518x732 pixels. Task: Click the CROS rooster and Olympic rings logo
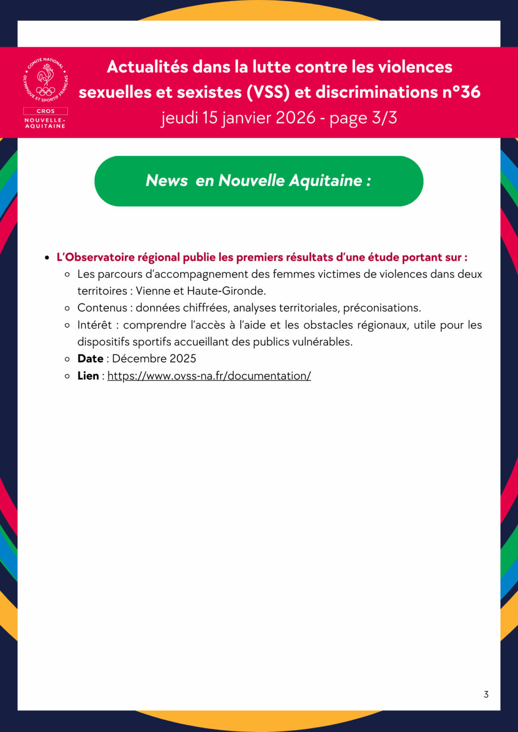click(x=46, y=80)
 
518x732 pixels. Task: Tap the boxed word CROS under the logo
click(x=46, y=111)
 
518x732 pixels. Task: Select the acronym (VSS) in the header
click(x=268, y=92)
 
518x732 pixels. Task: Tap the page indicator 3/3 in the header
click(x=384, y=118)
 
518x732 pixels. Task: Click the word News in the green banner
click(x=166, y=181)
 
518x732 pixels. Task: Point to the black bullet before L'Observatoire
click(x=47, y=258)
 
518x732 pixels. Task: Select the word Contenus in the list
click(x=102, y=308)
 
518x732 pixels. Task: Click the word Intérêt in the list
click(x=94, y=325)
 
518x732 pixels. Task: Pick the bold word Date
click(x=90, y=359)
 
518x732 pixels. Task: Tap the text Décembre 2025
click(x=154, y=359)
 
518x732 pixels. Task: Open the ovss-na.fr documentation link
click(x=209, y=376)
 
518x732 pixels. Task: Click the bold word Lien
click(x=88, y=376)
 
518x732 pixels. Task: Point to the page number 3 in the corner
click(x=486, y=694)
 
